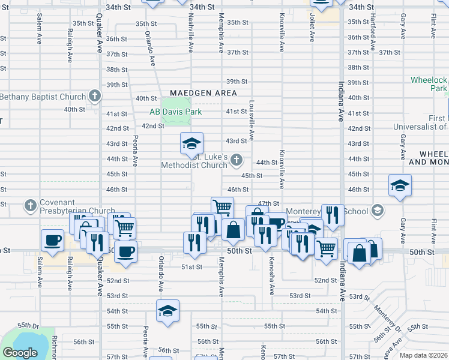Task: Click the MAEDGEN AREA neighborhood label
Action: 203,93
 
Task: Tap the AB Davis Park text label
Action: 175,112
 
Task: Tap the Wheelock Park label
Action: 429,84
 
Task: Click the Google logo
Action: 19,353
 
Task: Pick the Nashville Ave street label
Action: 191,27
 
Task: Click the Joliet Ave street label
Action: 312,29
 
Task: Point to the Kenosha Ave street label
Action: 272,278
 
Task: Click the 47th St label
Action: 268,204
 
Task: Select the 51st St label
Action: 191,267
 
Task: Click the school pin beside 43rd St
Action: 192,143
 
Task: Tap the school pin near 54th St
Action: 167,310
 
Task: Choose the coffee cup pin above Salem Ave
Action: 52,239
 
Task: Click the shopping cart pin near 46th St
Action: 222,207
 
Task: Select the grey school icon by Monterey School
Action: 377,211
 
